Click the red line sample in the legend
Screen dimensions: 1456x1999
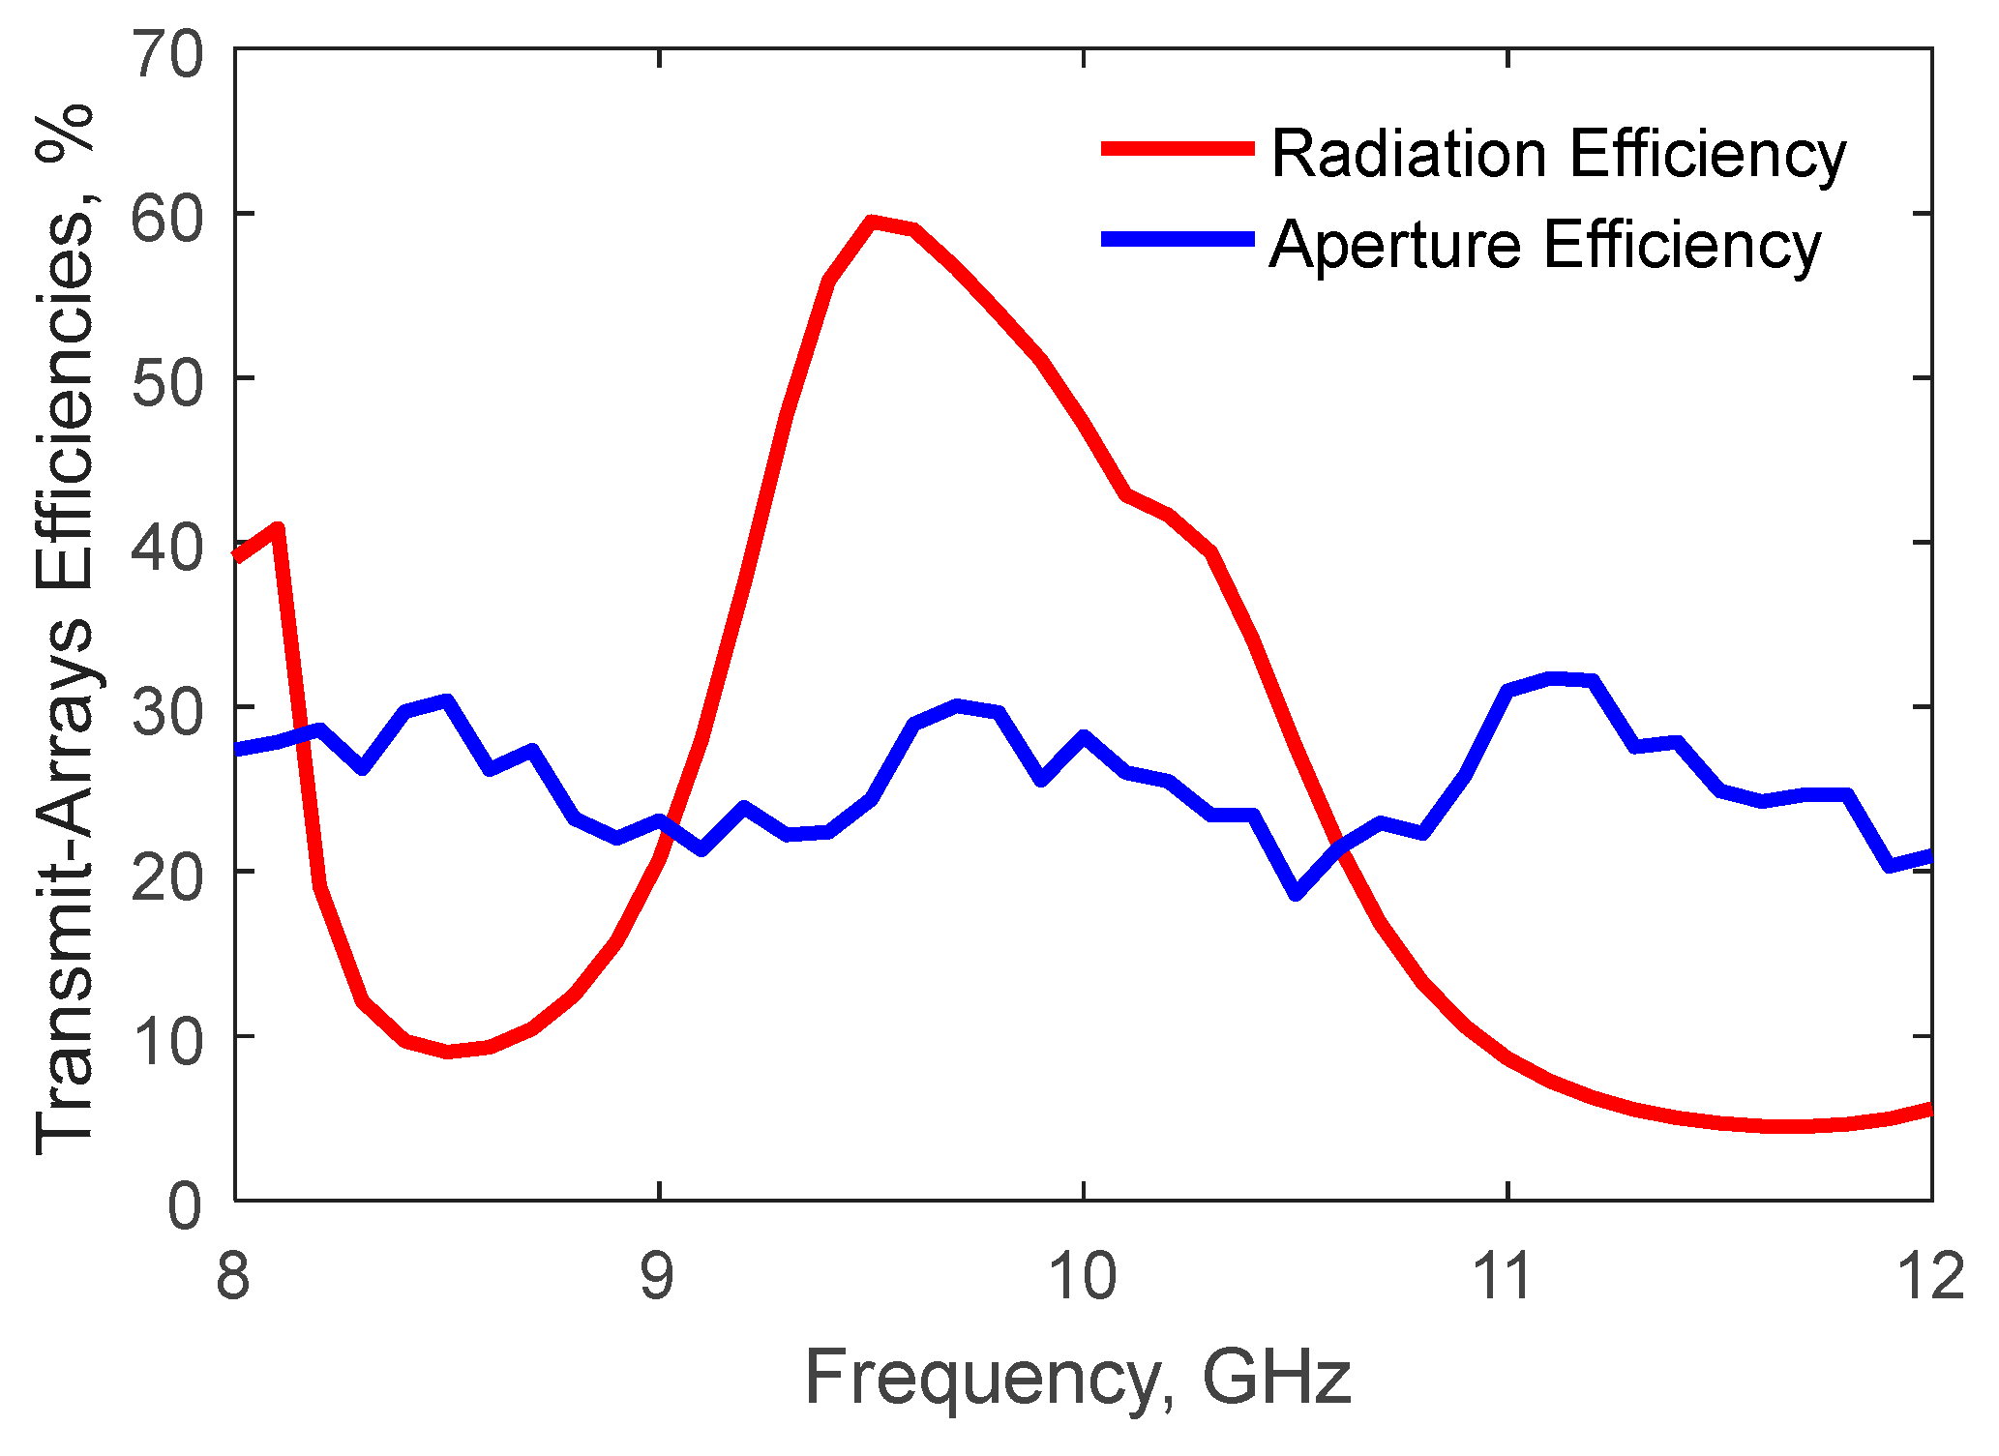pos(1177,149)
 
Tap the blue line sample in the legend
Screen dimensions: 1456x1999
pos(1177,239)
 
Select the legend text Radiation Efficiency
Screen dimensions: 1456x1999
pos(1558,155)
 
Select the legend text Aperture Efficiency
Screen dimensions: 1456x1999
pos(1545,245)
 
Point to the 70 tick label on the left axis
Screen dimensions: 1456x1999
pos(168,54)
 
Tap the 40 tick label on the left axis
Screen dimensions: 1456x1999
pos(168,548)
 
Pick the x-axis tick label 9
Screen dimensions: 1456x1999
pos(658,1274)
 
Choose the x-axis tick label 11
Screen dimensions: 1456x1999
pos(1506,1274)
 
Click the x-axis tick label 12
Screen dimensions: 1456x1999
pos(1930,1274)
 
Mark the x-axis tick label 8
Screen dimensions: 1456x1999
pos(233,1274)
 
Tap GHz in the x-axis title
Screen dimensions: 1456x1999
pos(1276,1378)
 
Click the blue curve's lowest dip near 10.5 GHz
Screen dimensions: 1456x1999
pos(1297,893)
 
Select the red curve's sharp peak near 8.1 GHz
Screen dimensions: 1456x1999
pos(278,529)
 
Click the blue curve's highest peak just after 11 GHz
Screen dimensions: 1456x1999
pos(1552,679)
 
